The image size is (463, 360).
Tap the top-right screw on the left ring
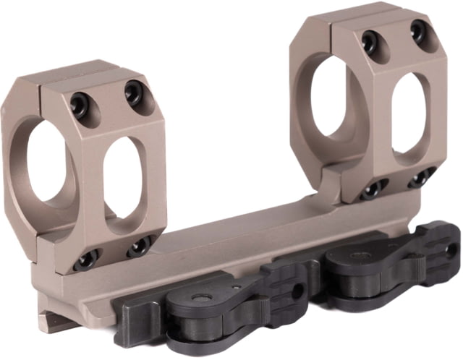pos(133,91)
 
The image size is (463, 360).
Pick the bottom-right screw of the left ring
pos(140,247)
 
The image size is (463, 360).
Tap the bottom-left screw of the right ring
pos(372,189)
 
